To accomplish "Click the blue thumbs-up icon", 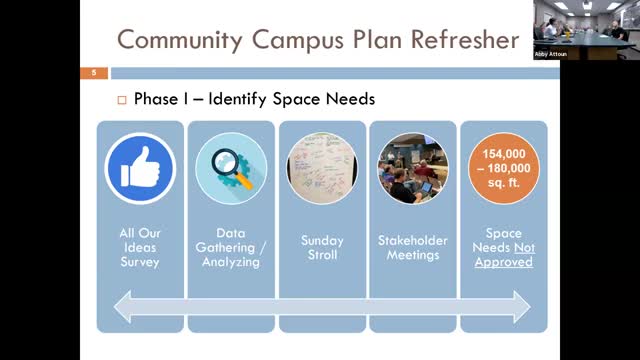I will [x=140, y=167].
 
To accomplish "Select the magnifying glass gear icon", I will [x=231, y=167].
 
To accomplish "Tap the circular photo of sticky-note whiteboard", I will [x=322, y=167].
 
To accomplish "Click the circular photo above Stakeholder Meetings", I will [x=413, y=167].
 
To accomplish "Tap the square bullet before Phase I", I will [x=123, y=100].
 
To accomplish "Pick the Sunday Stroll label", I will [x=322, y=247].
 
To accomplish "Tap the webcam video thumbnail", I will [x=585, y=30].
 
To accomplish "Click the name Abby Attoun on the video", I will [x=550, y=54].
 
